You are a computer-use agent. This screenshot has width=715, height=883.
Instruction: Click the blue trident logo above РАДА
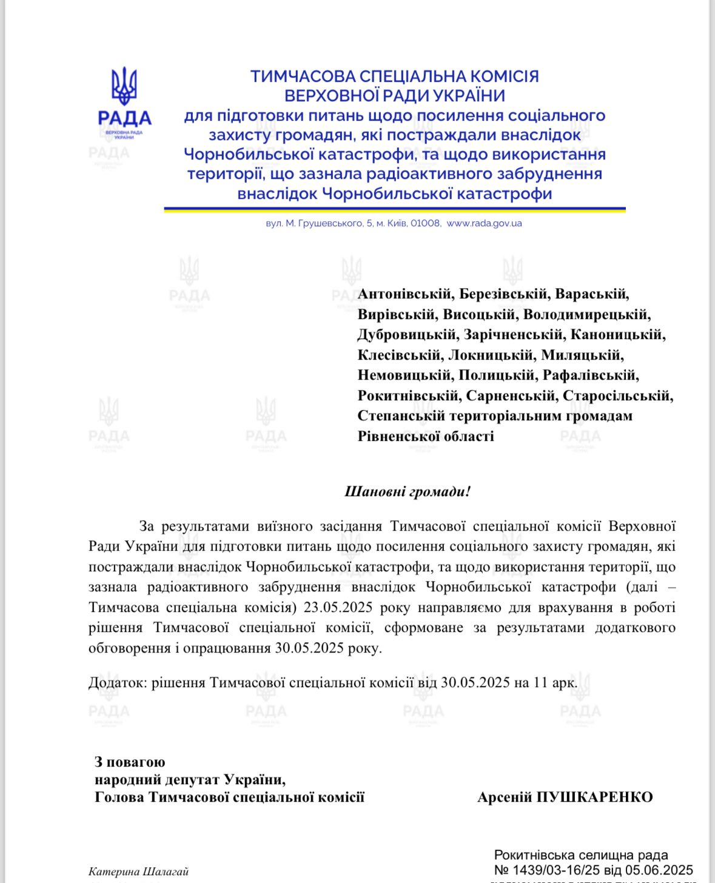point(124,86)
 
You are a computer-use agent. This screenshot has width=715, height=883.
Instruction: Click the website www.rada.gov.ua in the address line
point(484,223)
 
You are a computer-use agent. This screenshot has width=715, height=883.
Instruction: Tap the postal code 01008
point(425,223)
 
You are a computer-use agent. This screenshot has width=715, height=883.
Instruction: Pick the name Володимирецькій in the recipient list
point(586,315)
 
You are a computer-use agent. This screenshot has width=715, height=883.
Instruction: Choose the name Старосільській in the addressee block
point(617,396)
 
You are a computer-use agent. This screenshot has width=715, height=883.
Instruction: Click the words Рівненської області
point(426,437)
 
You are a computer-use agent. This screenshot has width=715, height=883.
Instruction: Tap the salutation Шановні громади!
point(408,491)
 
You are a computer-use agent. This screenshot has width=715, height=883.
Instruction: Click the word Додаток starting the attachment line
point(116,683)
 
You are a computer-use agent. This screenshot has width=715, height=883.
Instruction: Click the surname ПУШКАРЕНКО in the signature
point(595,797)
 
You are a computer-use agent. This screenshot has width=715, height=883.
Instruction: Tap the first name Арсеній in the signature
point(505,797)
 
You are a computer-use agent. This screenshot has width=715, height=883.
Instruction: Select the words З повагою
point(130,762)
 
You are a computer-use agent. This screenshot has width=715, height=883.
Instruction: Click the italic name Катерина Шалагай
point(139,872)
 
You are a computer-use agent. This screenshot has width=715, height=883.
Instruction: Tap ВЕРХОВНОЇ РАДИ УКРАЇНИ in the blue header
point(395,96)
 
